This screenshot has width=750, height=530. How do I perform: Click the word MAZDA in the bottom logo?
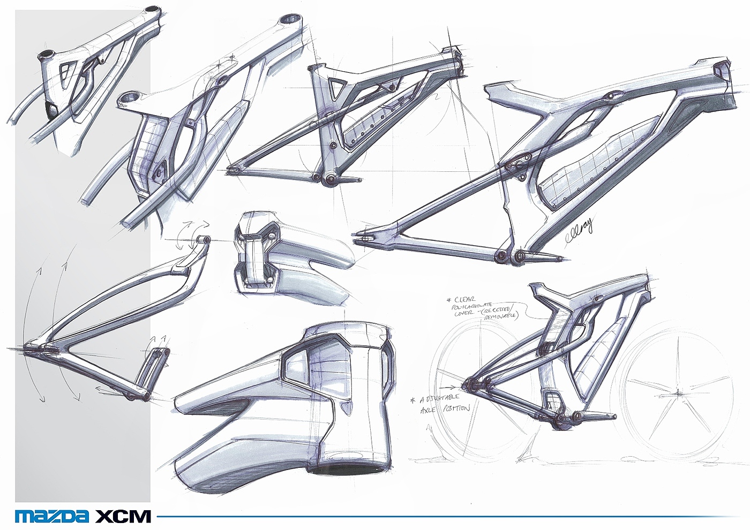coord(52,517)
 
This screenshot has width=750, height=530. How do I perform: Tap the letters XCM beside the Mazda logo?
coord(123,517)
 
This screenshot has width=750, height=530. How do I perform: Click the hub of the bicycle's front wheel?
coord(678,394)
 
